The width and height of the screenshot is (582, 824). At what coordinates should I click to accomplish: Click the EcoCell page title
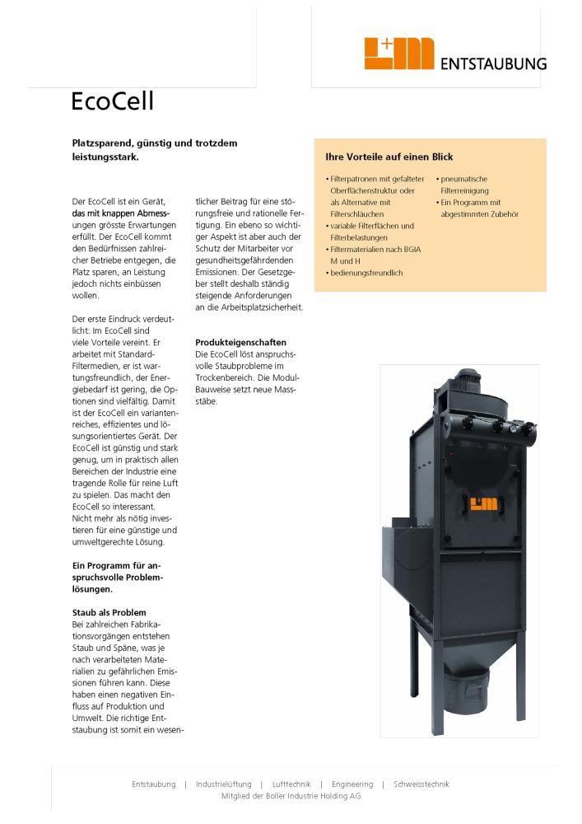113,101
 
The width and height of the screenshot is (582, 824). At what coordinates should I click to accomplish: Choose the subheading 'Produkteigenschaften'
240,342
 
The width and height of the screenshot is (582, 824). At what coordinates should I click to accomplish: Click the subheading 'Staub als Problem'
109,612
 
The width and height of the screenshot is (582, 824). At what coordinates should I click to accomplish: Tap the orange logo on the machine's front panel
478,504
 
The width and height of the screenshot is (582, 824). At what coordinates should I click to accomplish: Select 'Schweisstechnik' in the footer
421,784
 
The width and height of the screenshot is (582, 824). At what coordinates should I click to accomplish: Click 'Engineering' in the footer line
352,784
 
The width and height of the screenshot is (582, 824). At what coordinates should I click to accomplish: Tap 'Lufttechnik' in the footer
291,784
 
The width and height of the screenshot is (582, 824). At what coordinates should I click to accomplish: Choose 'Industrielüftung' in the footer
223,784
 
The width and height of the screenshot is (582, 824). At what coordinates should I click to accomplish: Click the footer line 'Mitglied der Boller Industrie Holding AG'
291,797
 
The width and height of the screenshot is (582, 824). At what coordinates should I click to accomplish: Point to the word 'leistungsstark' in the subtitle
104,156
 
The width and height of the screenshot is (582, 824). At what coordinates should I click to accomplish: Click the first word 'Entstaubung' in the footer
154,784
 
